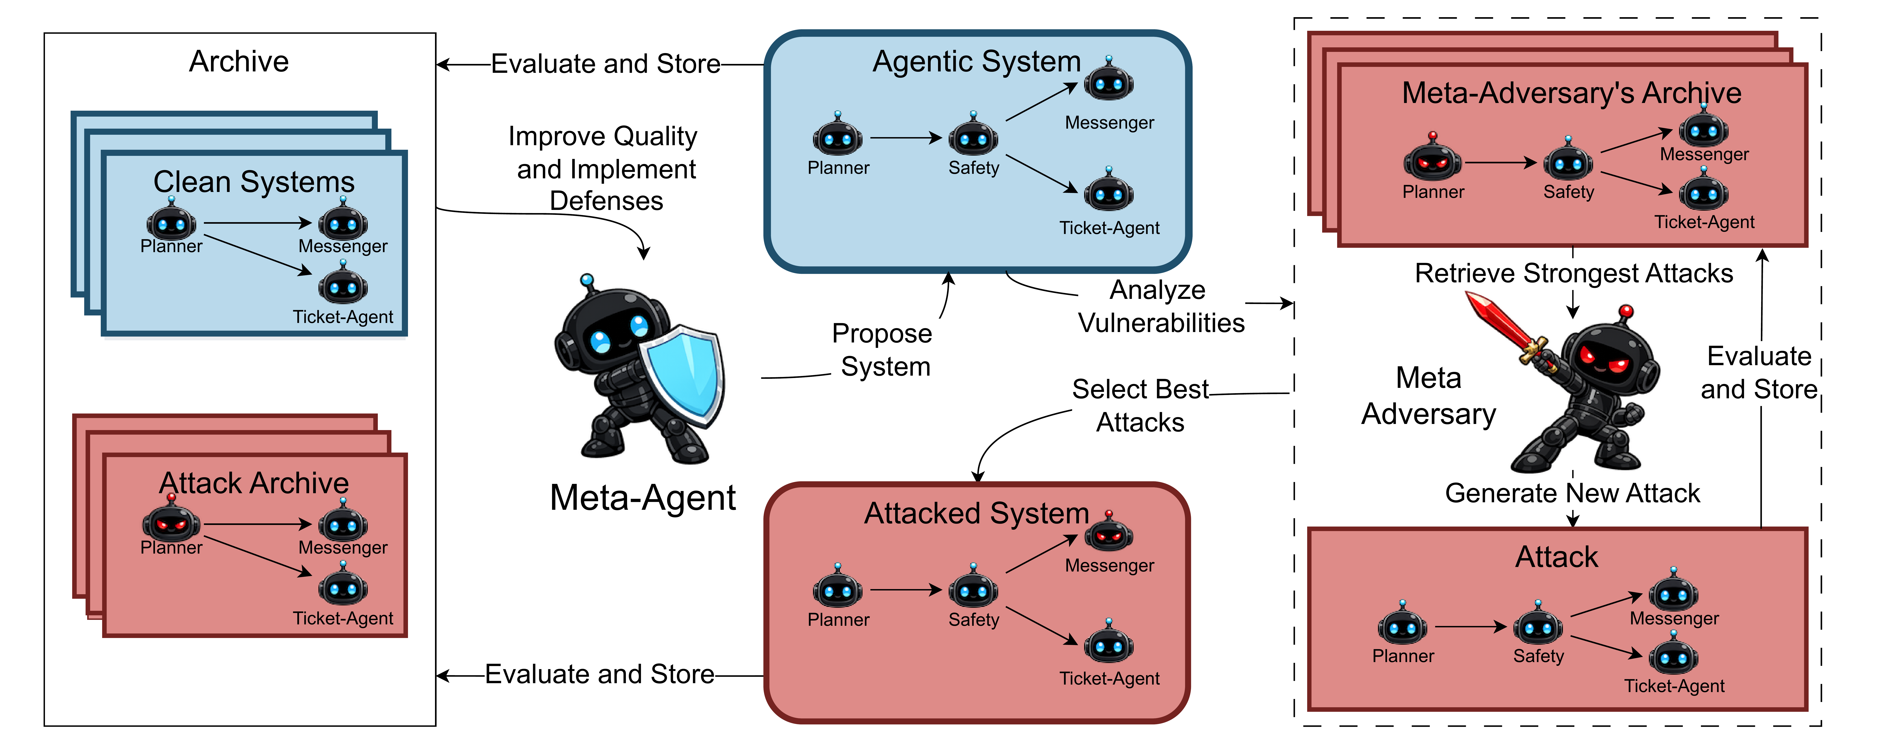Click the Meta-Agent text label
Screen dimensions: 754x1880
tap(642, 498)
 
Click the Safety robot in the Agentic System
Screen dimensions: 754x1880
tap(973, 137)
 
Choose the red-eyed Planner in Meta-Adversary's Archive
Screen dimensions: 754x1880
tap(1432, 159)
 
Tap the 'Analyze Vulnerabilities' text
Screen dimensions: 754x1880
tap(1160, 307)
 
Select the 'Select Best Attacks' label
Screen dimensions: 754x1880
tap(1140, 406)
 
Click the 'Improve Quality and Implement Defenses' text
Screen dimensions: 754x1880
tap(604, 169)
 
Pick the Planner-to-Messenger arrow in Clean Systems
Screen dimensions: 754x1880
tap(257, 223)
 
